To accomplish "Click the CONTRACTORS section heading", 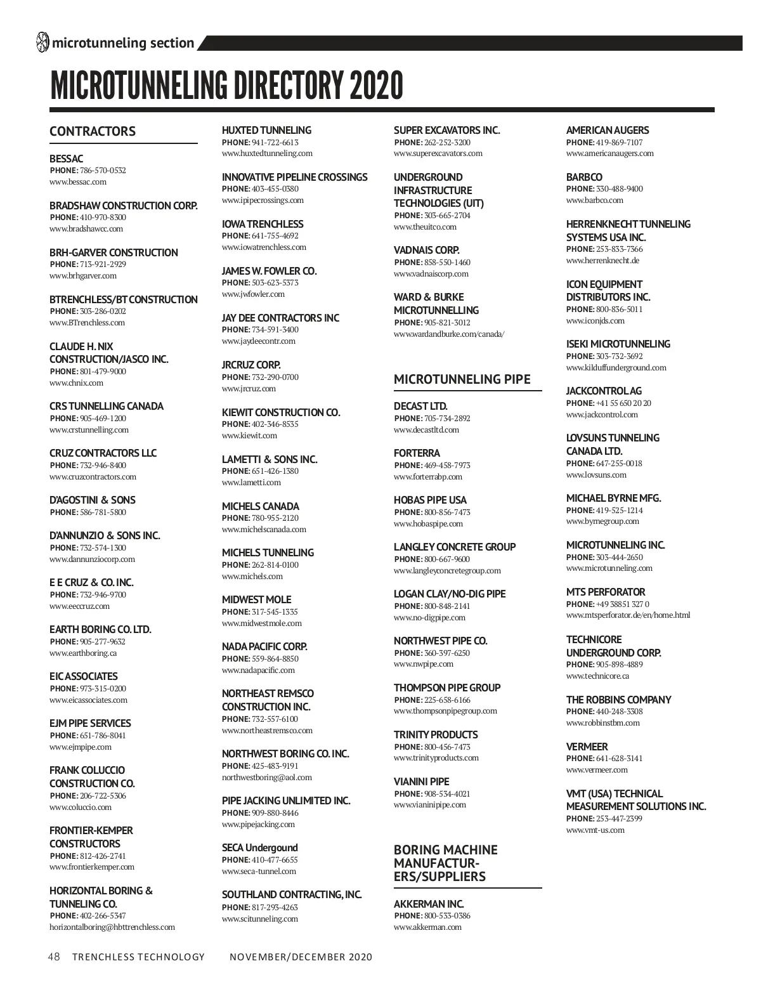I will click(x=93, y=131).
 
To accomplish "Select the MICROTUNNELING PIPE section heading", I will click(x=462, y=379).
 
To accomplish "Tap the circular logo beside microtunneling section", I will click(x=42, y=42).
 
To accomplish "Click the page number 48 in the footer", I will click(x=54, y=957).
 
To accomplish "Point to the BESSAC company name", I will click(x=66, y=159).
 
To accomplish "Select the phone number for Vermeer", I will click(x=619, y=759).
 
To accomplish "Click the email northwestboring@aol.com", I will click(x=267, y=778).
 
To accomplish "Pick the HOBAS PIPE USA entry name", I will click(x=430, y=500).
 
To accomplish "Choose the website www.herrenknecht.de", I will click(x=602, y=261).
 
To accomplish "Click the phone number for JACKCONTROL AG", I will click(x=623, y=403).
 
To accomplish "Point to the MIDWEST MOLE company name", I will click(x=256, y=599).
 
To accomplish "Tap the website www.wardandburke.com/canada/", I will click(x=449, y=334).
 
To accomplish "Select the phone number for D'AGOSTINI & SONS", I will click(x=103, y=513).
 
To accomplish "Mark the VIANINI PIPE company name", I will click(x=421, y=781).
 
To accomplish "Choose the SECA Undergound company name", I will click(x=259, y=847).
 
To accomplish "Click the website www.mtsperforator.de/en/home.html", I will click(x=628, y=615).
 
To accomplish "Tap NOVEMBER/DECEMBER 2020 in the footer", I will click(x=301, y=957).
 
